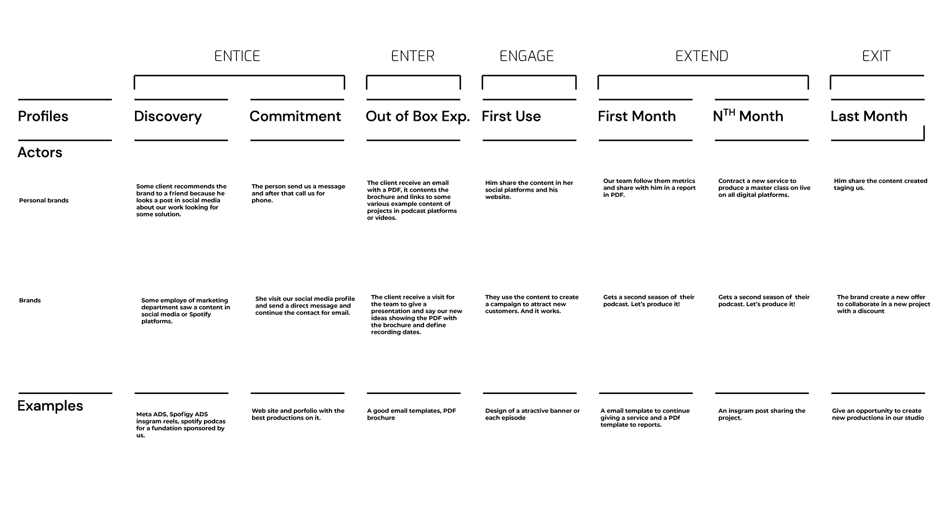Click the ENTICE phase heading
click(237, 56)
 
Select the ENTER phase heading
click(412, 56)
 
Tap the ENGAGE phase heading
click(526, 56)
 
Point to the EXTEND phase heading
click(701, 56)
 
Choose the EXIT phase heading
click(876, 56)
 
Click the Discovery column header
click(168, 116)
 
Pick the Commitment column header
click(295, 116)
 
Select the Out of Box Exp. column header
click(417, 116)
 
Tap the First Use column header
click(511, 116)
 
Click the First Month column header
click(636, 116)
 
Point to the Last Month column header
click(868, 116)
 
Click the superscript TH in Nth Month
click(729, 113)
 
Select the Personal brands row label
click(44, 200)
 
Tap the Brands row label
click(30, 300)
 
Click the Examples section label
click(50, 406)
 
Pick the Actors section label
click(40, 152)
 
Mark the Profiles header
click(43, 116)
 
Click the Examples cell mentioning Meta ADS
click(180, 425)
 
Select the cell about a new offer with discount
click(883, 304)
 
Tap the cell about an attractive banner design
click(532, 414)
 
